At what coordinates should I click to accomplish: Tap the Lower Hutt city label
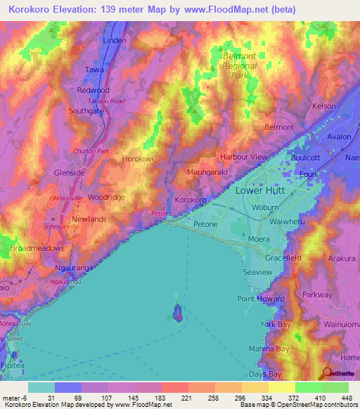coord(262,191)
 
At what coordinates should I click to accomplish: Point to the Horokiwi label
coord(138,160)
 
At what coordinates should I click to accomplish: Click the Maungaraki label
coord(205,171)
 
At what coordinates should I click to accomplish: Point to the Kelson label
coord(323,106)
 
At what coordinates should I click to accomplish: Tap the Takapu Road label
coord(106,101)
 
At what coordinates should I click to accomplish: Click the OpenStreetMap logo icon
coord(326,373)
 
